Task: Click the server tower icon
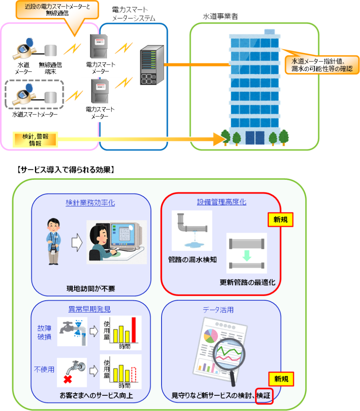[152, 65]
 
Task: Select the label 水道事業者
[221, 16]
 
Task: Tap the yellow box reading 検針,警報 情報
[35, 139]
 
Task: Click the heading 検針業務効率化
[90, 203]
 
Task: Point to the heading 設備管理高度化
[222, 202]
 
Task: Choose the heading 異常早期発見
[90, 309]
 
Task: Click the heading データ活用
[218, 310]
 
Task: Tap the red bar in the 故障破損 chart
[134, 330]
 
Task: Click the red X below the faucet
[67, 379]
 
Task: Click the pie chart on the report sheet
[211, 336]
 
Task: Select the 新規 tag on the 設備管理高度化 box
[280, 220]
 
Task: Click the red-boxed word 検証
[264, 395]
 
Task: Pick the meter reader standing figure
[54, 241]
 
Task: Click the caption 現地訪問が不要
[91, 289]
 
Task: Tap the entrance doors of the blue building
[255, 138]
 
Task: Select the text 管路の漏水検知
[192, 260]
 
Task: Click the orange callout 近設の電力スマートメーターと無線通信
[57, 10]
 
